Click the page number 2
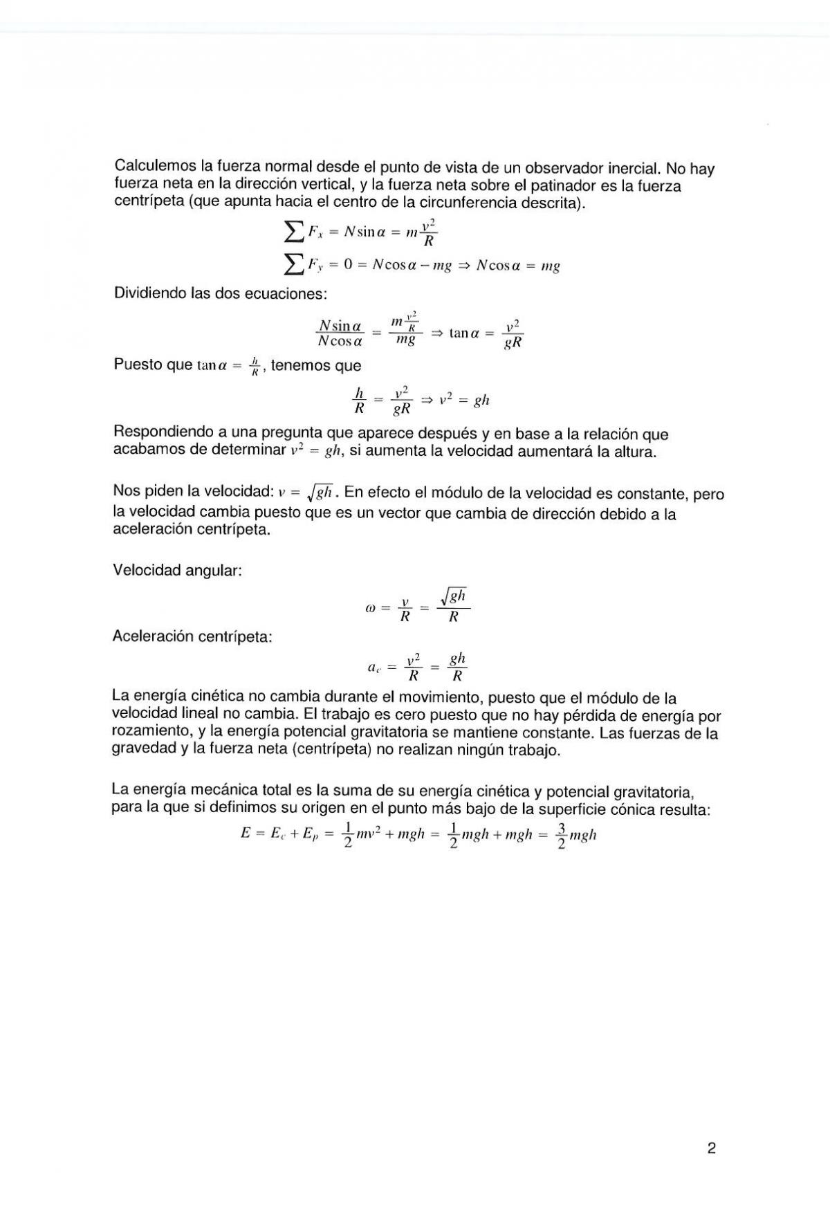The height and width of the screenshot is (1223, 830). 712,1148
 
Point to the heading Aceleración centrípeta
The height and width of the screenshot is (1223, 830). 192,636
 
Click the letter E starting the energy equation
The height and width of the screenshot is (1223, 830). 245,834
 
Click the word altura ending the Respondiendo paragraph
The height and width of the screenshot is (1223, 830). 633,452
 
